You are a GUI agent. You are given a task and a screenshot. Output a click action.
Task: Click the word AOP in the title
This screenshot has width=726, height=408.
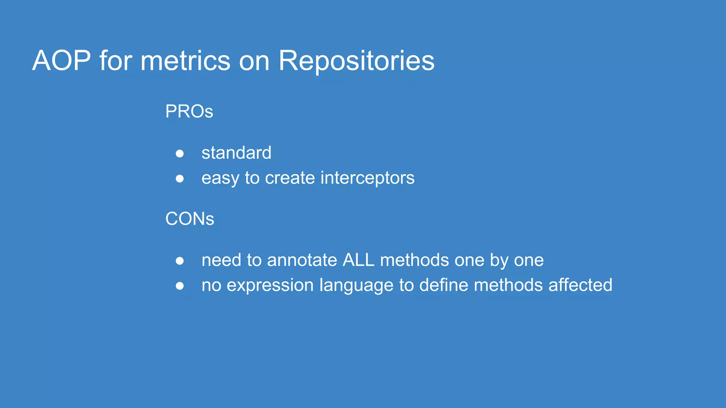pos(61,61)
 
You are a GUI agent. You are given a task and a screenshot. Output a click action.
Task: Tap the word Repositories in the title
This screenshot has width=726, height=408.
pos(356,61)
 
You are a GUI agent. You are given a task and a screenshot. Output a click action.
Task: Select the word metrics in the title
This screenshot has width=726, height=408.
pos(185,61)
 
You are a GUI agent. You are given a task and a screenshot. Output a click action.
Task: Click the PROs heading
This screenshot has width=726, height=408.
pos(189,112)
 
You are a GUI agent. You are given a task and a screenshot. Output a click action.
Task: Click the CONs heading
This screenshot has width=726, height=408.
pos(190,219)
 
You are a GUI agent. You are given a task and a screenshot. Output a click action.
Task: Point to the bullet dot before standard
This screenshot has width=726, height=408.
pos(180,153)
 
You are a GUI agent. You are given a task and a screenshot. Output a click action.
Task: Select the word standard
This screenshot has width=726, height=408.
pos(236,153)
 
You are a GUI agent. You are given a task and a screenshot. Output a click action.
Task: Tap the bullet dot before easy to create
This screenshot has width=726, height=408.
pos(180,178)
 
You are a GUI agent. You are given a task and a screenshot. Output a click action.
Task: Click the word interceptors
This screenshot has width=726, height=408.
pos(367,178)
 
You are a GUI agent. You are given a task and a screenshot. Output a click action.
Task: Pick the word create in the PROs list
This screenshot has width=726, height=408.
pos(290,178)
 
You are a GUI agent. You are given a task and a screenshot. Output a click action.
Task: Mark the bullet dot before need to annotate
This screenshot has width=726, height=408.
pos(180,261)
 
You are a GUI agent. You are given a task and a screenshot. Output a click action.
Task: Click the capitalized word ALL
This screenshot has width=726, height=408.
pos(358,260)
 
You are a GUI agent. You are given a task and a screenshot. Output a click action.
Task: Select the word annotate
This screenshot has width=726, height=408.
pos(302,260)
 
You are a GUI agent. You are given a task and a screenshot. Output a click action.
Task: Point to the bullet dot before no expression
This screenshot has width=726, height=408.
pos(180,286)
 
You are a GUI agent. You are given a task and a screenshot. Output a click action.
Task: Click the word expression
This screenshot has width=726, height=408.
pos(270,285)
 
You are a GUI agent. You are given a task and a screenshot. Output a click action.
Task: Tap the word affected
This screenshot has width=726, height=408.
pos(580,285)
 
